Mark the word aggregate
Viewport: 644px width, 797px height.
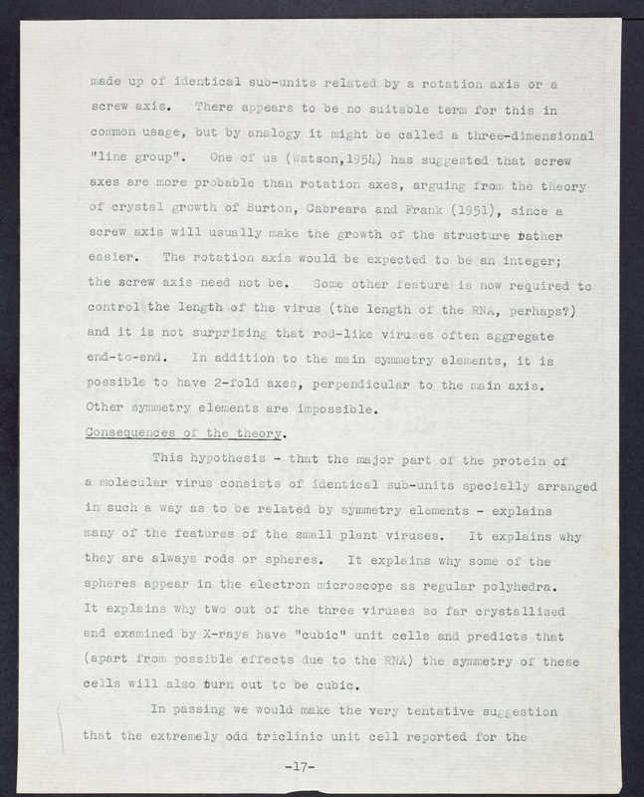550,334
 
